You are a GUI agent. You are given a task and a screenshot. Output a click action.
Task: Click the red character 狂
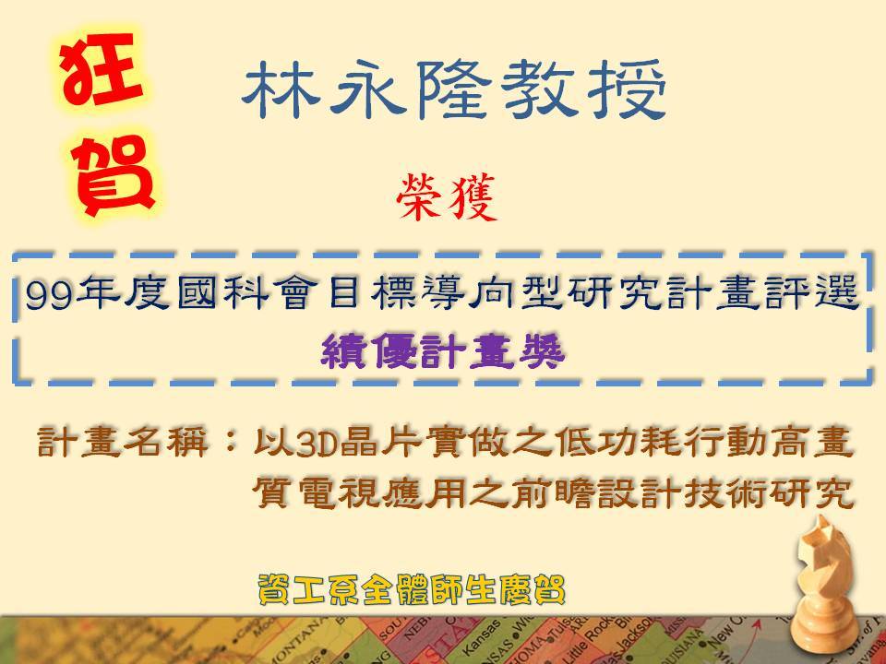(102, 69)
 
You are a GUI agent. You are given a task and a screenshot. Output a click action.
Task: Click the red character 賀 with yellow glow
(114, 175)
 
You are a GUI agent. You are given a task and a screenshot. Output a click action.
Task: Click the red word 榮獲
(447, 197)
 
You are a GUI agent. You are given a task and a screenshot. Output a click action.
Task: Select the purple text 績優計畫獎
(442, 351)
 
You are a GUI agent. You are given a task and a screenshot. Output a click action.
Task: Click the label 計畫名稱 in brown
(122, 442)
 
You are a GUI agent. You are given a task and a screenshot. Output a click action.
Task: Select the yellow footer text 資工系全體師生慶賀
(412, 590)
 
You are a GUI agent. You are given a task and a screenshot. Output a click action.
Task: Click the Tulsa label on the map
(560, 627)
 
